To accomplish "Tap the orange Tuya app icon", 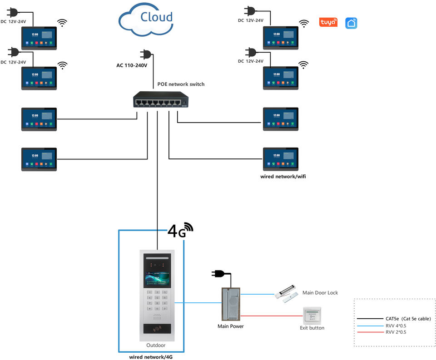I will point(328,22).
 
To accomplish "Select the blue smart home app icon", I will point(351,23).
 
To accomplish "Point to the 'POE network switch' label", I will point(181,84).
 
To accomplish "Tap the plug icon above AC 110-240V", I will point(146,54).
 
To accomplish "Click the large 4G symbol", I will point(180,230).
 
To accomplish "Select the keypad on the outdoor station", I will point(156,301).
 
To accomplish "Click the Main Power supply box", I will point(231,304).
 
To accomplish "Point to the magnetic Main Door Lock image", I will point(287,296).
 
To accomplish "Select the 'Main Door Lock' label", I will point(320,293).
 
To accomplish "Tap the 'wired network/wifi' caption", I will point(283,176).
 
